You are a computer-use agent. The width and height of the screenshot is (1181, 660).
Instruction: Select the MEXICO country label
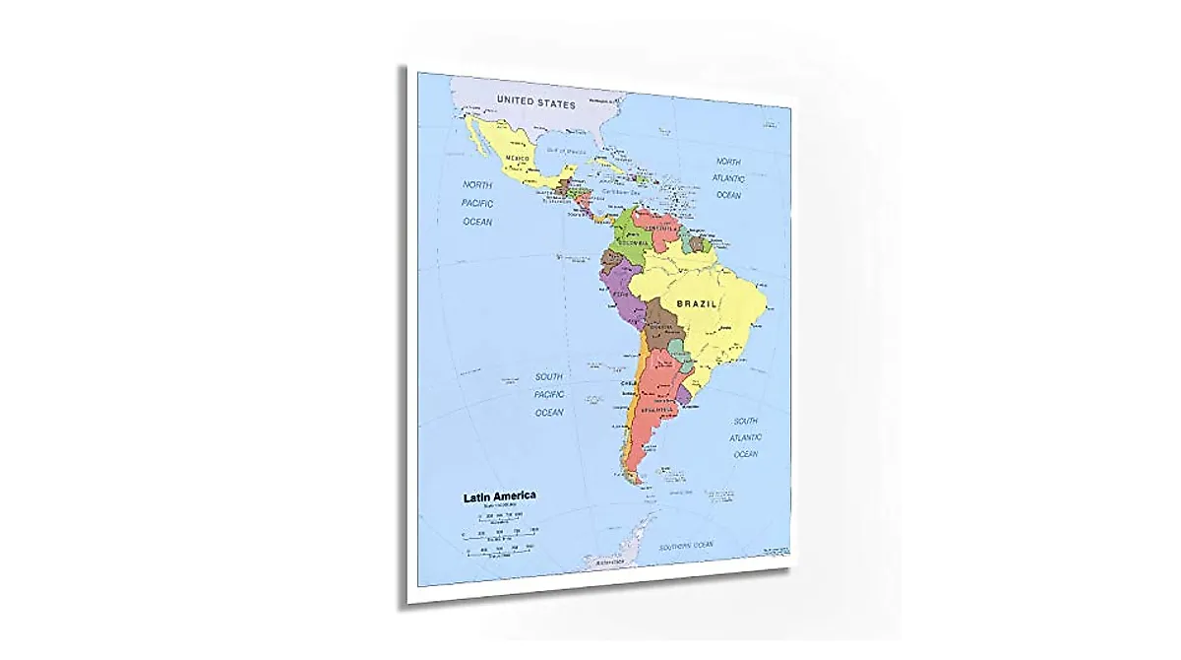(518, 159)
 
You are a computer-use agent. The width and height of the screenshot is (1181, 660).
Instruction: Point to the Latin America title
(500, 496)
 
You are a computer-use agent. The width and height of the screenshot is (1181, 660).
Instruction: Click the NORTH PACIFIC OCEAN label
(478, 203)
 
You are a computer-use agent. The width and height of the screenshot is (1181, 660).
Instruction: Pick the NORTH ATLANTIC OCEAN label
(728, 178)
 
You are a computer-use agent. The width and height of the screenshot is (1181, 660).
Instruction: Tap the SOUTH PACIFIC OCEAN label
(549, 394)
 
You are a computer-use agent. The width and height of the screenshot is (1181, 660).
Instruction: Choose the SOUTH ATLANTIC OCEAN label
(745, 437)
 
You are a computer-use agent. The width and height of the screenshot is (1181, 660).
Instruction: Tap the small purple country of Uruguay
(683, 397)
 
